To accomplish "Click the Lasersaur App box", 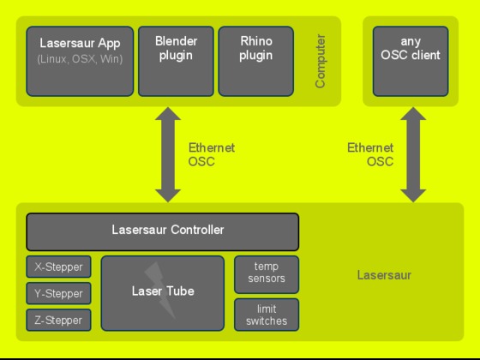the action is click(80, 61).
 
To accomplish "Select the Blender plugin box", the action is click(176, 61).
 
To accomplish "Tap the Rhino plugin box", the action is click(256, 61).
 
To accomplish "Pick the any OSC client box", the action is click(411, 61).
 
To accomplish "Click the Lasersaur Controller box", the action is click(163, 231).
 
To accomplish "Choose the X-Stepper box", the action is click(58, 267).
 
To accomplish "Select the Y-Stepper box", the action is click(58, 293).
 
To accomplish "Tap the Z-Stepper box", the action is click(58, 320).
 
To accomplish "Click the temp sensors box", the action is click(267, 274).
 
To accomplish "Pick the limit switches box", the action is click(267, 315).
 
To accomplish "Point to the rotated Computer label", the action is click(320, 61).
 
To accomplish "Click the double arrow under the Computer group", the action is click(168, 154).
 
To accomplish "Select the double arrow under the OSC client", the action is click(413, 154).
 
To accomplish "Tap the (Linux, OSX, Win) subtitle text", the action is click(80, 59).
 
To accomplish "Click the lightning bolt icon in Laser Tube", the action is click(160, 291).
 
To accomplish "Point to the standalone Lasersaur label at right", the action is click(384, 275).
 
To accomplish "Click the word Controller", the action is click(197, 230).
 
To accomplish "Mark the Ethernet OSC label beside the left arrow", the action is click(212, 154).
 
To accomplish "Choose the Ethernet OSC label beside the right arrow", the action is click(370, 154).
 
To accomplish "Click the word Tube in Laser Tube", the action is click(180, 291).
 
